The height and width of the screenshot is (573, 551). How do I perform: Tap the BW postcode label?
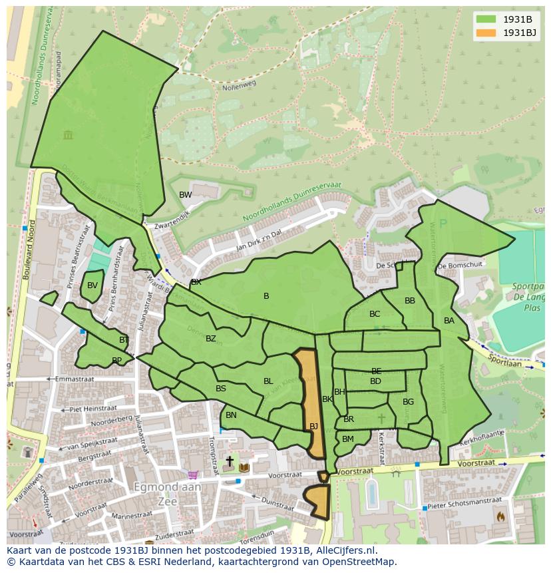pyautogui.click(x=185, y=195)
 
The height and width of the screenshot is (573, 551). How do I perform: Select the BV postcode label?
pyautogui.click(x=92, y=286)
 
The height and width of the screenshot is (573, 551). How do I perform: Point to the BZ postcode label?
pyautogui.click(x=211, y=339)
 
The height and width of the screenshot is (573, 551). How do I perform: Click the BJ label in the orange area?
pyautogui.click(x=313, y=426)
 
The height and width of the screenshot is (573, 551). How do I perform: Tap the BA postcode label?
pyautogui.click(x=449, y=321)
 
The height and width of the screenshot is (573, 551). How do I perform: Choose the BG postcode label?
pyautogui.click(x=408, y=401)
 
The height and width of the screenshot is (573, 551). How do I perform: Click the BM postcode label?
pyautogui.click(x=348, y=439)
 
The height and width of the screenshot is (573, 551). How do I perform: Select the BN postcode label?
pyautogui.click(x=231, y=415)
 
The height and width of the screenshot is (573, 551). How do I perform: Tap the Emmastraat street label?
pyautogui.click(x=75, y=379)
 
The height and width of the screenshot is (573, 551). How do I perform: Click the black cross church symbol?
pyautogui.click(x=230, y=461)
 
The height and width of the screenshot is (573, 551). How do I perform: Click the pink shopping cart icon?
pyautogui.click(x=193, y=475)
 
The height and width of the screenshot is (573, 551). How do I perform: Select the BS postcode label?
pyautogui.click(x=221, y=389)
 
